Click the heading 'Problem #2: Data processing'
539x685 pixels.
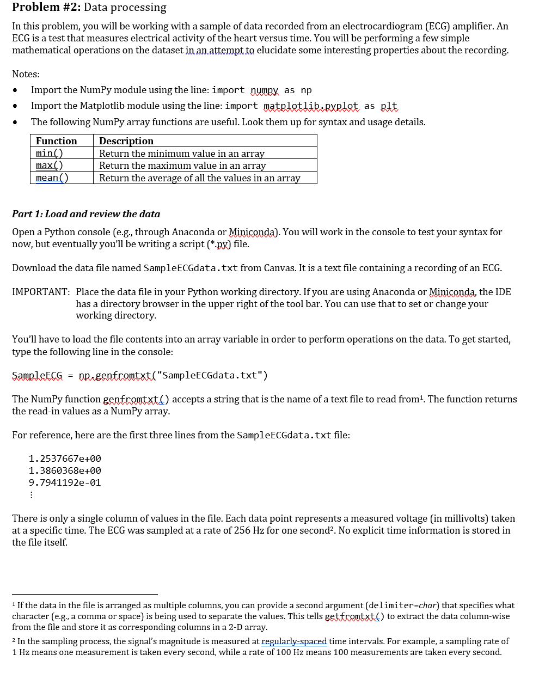[89, 7]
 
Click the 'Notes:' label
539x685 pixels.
[26, 74]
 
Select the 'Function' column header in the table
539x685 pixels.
[57, 141]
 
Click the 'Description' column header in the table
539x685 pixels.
[126, 141]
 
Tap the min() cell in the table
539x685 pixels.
[50, 154]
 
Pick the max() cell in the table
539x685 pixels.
[50, 166]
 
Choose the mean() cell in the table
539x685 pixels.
[52, 178]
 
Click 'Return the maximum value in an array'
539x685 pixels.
[182, 166]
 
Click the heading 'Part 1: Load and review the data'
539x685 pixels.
[86, 214]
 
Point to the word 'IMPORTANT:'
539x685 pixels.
[41, 292]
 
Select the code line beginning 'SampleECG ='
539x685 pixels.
[140, 375]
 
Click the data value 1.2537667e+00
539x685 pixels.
[65, 458]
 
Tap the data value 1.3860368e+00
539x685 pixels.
[65, 470]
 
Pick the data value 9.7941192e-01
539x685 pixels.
[65, 482]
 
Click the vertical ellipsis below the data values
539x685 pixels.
[31, 495]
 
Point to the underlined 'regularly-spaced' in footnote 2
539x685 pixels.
[294, 641]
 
